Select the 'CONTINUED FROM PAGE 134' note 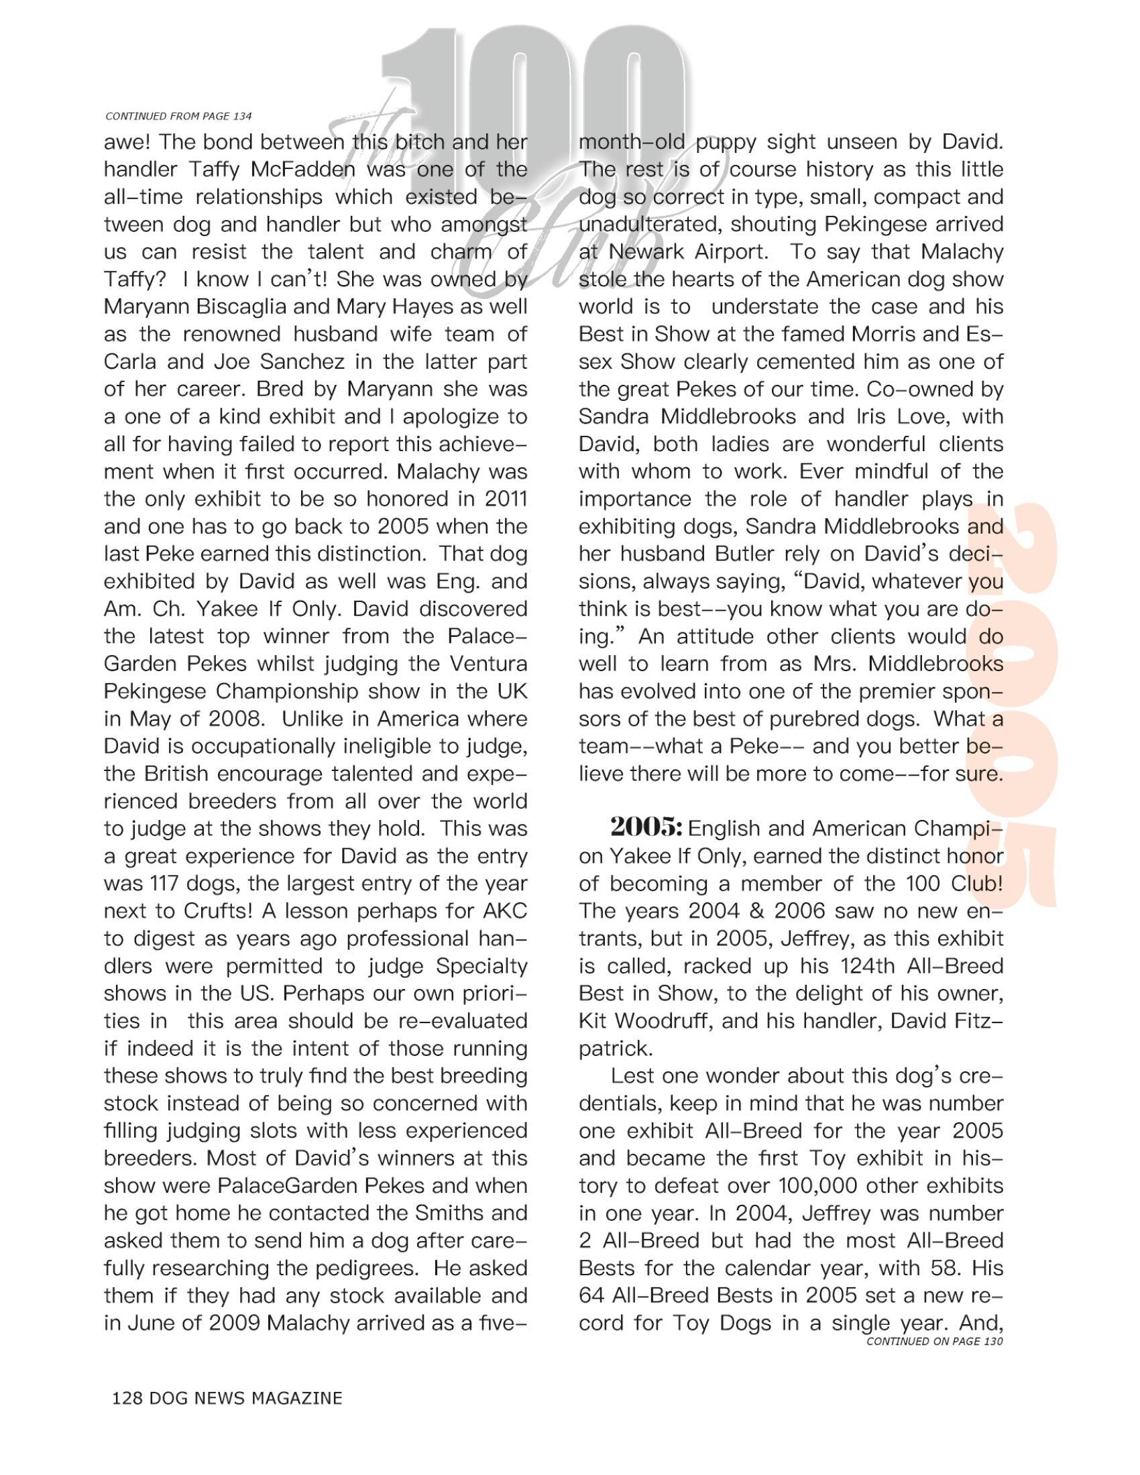178,116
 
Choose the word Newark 650,252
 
